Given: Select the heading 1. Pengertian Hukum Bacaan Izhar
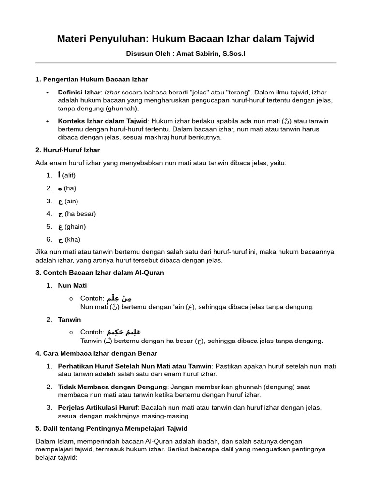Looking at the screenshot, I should coord(92,79).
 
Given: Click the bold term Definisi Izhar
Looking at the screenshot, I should coord(79,92).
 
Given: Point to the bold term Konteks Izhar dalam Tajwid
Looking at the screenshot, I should coord(103,121).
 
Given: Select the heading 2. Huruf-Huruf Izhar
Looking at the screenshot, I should coord(67,150).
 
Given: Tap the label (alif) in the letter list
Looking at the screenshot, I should coord(69,175).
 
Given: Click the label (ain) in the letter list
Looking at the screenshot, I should coord(71,201).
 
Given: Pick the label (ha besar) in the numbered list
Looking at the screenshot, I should coord(80,214).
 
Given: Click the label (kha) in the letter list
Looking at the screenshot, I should coord(73,239).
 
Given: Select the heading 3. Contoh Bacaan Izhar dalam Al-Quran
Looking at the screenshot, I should coord(100,273).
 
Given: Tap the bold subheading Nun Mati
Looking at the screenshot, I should coord(72,285).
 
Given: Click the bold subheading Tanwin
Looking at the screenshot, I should coord(69,320).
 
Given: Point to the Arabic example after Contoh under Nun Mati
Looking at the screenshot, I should coord(120,298).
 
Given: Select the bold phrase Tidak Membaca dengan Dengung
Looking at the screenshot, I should coord(112,387).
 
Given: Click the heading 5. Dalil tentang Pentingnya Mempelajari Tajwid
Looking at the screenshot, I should coord(111,429).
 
